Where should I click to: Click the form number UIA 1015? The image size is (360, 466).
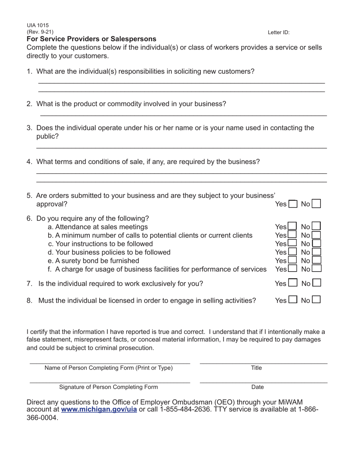click(x=38, y=25)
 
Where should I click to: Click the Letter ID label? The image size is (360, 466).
click(x=279, y=33)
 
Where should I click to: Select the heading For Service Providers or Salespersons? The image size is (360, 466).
click(x=91, y=39)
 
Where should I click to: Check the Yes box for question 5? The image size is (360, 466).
click(x=293, y=204)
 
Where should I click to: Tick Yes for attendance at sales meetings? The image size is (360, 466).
click(x=292, y=227)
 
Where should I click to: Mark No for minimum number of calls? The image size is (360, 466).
click(x=316, y=235)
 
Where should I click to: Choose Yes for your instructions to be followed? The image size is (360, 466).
click(x=292, y=244)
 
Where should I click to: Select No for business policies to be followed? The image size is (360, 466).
click(x=316, y=252)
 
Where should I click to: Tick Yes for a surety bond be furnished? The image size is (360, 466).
click(x=292, y=260)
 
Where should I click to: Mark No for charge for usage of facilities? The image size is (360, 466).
click(x=316, y=269)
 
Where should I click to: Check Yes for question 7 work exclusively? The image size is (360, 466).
click(x=293, y=283)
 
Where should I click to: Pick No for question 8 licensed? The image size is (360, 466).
click(x=316, y=300)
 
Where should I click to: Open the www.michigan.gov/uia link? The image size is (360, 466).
click(x=99, y=410)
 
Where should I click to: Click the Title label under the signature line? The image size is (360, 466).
click(x=257, y=368)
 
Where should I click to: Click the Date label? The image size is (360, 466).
click(x=258, y=387)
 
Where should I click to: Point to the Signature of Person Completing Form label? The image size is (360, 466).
click(x=108, y=387)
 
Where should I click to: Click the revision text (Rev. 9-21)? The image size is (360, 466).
click(x=40, y=32)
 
